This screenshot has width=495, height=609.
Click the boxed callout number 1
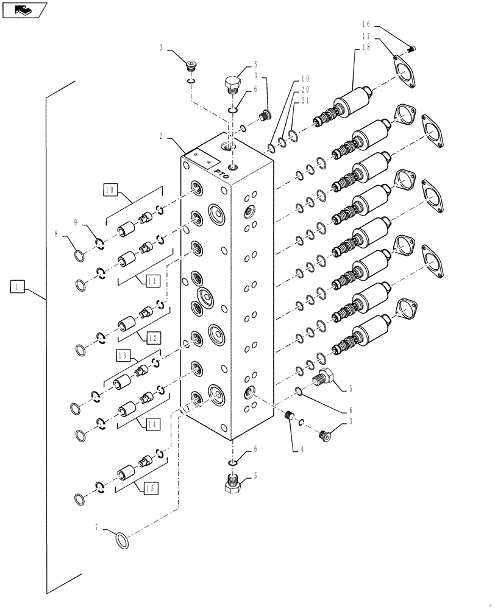[17, 286]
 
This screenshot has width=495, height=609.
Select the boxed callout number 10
[110, 191]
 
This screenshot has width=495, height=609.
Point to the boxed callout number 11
[153, 280]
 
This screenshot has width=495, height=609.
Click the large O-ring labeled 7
[122, 539]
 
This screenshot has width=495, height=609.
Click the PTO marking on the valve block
[221, 174]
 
